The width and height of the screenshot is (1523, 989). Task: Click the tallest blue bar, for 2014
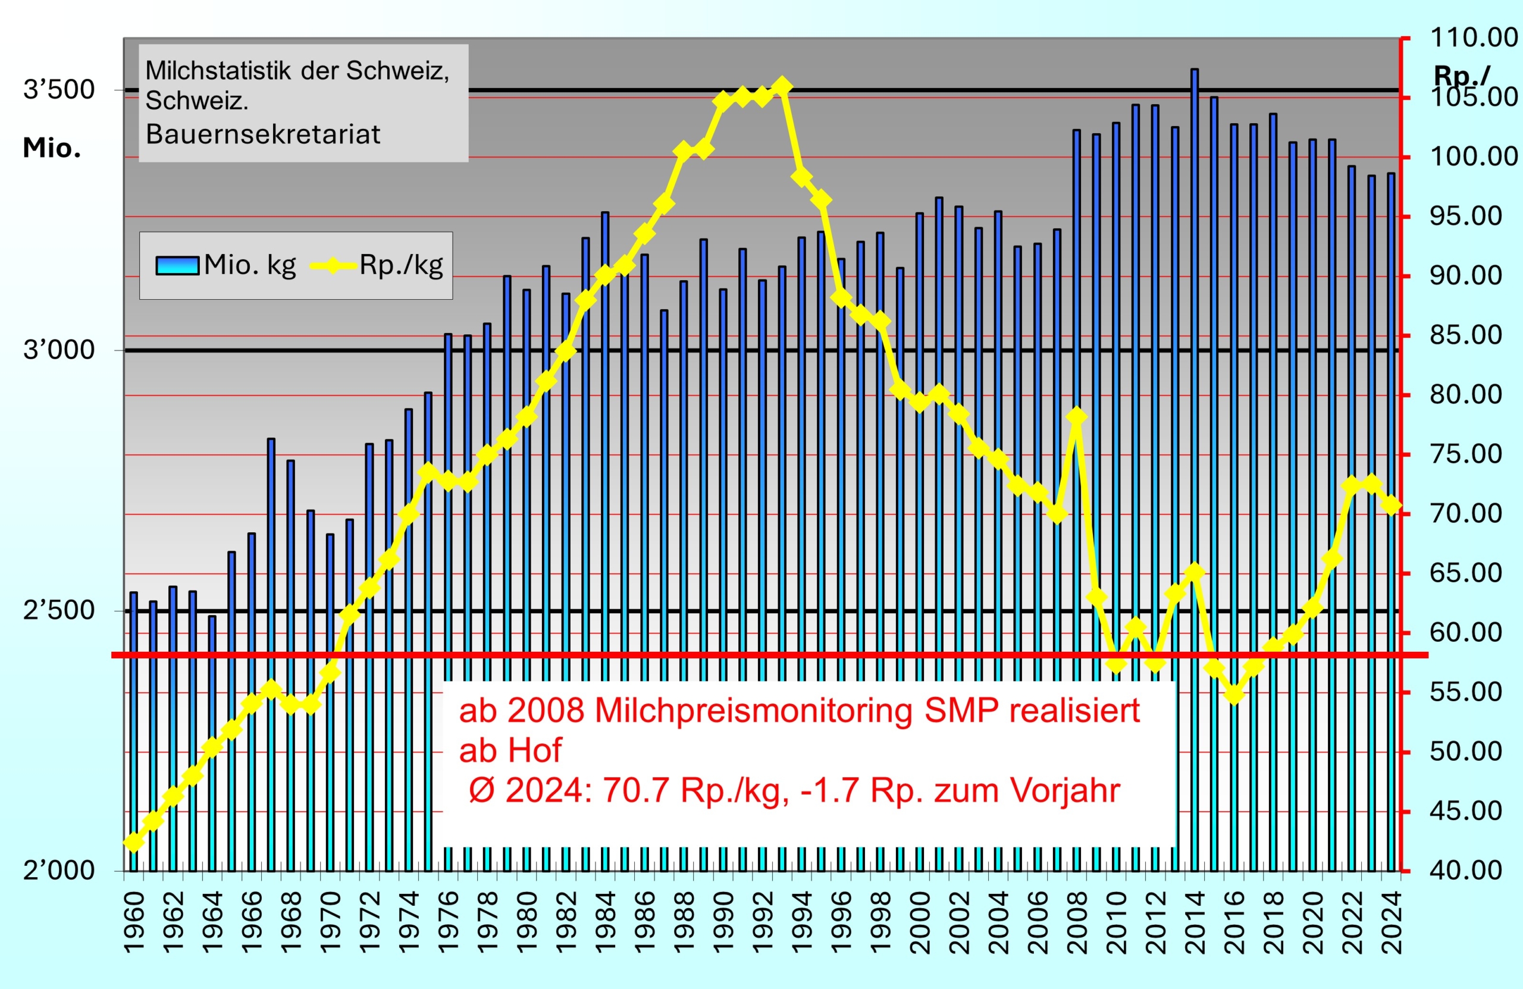[x=1194, y=448]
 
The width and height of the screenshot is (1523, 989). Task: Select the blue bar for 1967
[x=271, y=640]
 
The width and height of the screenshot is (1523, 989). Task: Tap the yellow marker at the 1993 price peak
[x=782, y=86]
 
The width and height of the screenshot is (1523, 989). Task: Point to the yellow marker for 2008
[x=1076, y=417]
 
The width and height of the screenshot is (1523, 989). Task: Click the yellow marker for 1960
[x=134, y=842]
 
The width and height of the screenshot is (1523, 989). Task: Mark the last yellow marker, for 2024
[x=1390, y=506]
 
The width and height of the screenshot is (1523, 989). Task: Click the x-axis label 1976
[x=449, y=922]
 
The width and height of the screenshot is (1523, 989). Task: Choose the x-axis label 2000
[x=920, y=922]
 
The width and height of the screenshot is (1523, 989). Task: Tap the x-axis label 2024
[x=1391, y=922]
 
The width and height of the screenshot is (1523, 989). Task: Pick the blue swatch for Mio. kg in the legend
[x=177, y=265]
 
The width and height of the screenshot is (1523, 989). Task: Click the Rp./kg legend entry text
[x=401, y=265]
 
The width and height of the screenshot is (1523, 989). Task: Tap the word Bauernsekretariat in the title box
[x=262, y=134]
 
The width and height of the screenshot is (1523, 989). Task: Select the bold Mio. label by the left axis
[x=52, y=147]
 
